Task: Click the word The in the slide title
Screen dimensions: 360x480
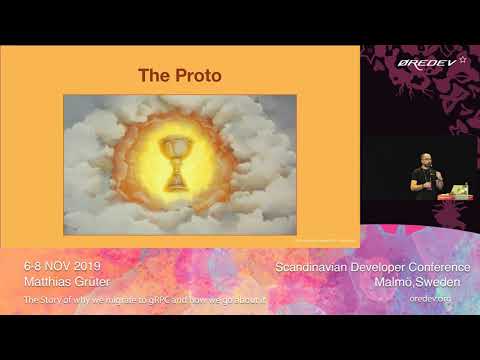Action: click(x=153, y=75)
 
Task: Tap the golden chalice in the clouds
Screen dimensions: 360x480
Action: click(x=176, y=164)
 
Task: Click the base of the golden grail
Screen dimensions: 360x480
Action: click(x=176, y=186)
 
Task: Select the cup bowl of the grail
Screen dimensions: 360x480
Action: click(x=176, y=150)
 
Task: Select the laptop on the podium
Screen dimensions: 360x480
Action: click(x=458, y=188)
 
